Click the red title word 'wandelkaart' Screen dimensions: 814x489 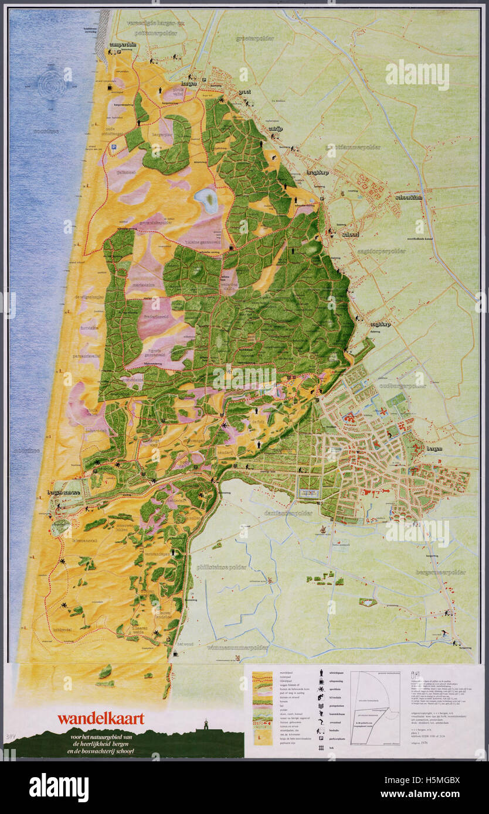point(100,718)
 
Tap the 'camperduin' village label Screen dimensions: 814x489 point(123,45)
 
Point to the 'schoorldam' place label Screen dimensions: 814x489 point(409,197)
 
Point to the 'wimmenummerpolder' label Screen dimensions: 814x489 point(237,648)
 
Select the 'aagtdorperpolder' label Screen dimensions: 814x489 point(381,251)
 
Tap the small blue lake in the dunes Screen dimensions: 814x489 point(206,200)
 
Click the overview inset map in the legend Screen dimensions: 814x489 point(375,708)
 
